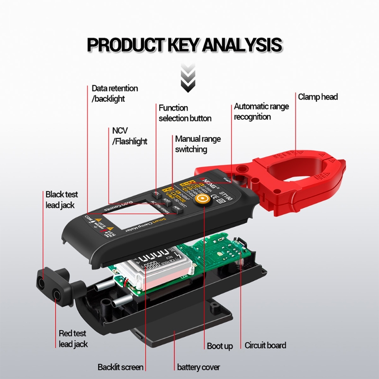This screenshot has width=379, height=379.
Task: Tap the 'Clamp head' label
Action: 318,97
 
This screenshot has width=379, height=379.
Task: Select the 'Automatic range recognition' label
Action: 261,112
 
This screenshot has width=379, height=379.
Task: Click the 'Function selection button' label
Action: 185,113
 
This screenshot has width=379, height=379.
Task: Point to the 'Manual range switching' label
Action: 198,144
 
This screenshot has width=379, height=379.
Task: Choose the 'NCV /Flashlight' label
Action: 129,136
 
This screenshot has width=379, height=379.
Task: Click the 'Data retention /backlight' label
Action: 115,93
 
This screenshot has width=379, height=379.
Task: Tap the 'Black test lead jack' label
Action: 62,199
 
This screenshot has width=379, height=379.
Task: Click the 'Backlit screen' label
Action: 120,367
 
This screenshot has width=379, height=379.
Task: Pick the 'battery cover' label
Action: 199,367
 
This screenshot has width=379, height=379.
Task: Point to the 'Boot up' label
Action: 219,346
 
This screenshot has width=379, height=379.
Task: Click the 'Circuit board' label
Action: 265,345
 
